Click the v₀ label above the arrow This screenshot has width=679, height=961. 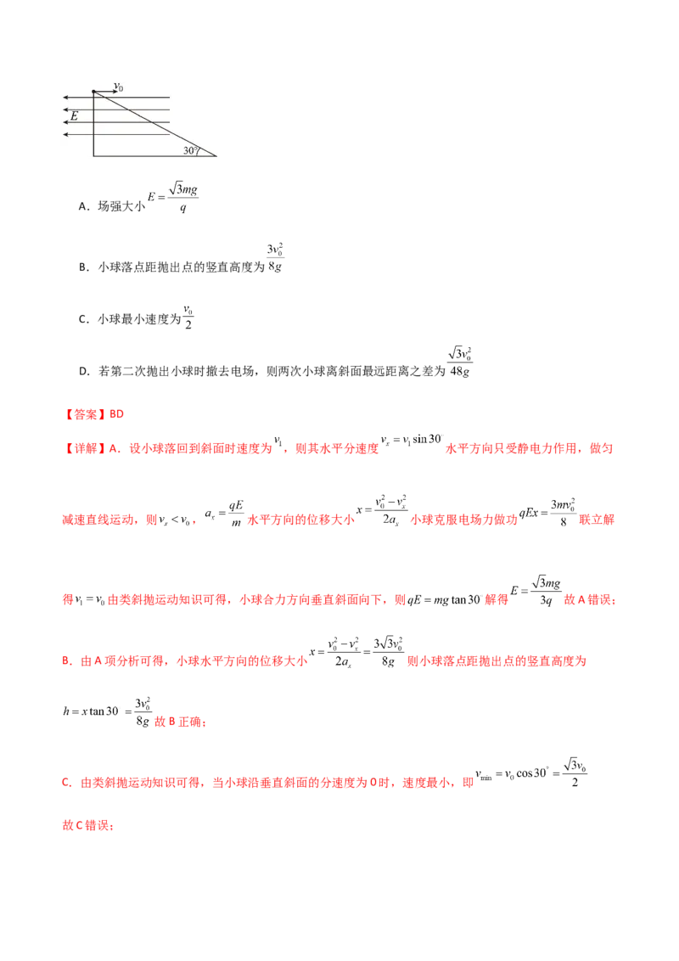coord(120,86)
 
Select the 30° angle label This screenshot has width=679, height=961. coord(190,150)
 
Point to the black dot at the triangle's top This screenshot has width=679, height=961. coord(93,91)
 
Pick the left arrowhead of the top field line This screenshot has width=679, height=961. coord(66,98)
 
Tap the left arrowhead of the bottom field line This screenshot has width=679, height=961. coord(66,134)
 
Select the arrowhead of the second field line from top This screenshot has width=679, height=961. coord(66,110)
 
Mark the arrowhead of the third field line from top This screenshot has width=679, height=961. coord(66,121)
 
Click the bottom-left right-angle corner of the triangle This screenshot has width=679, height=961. coord(93,157)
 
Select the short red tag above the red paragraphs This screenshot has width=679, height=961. coord(94,414)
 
